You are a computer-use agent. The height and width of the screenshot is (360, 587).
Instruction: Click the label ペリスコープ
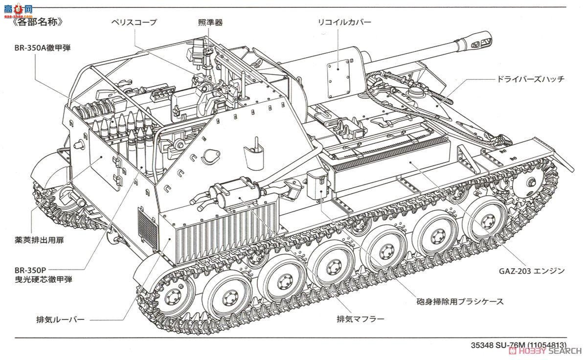[133, 22]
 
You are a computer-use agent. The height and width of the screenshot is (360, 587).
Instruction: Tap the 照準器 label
[211, 22]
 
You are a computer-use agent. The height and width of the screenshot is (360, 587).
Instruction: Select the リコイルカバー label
[344, 22]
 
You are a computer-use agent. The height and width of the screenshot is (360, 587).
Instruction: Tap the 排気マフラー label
[360, 319]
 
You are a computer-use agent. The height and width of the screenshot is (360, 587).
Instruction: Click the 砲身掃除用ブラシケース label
[460, 301]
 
